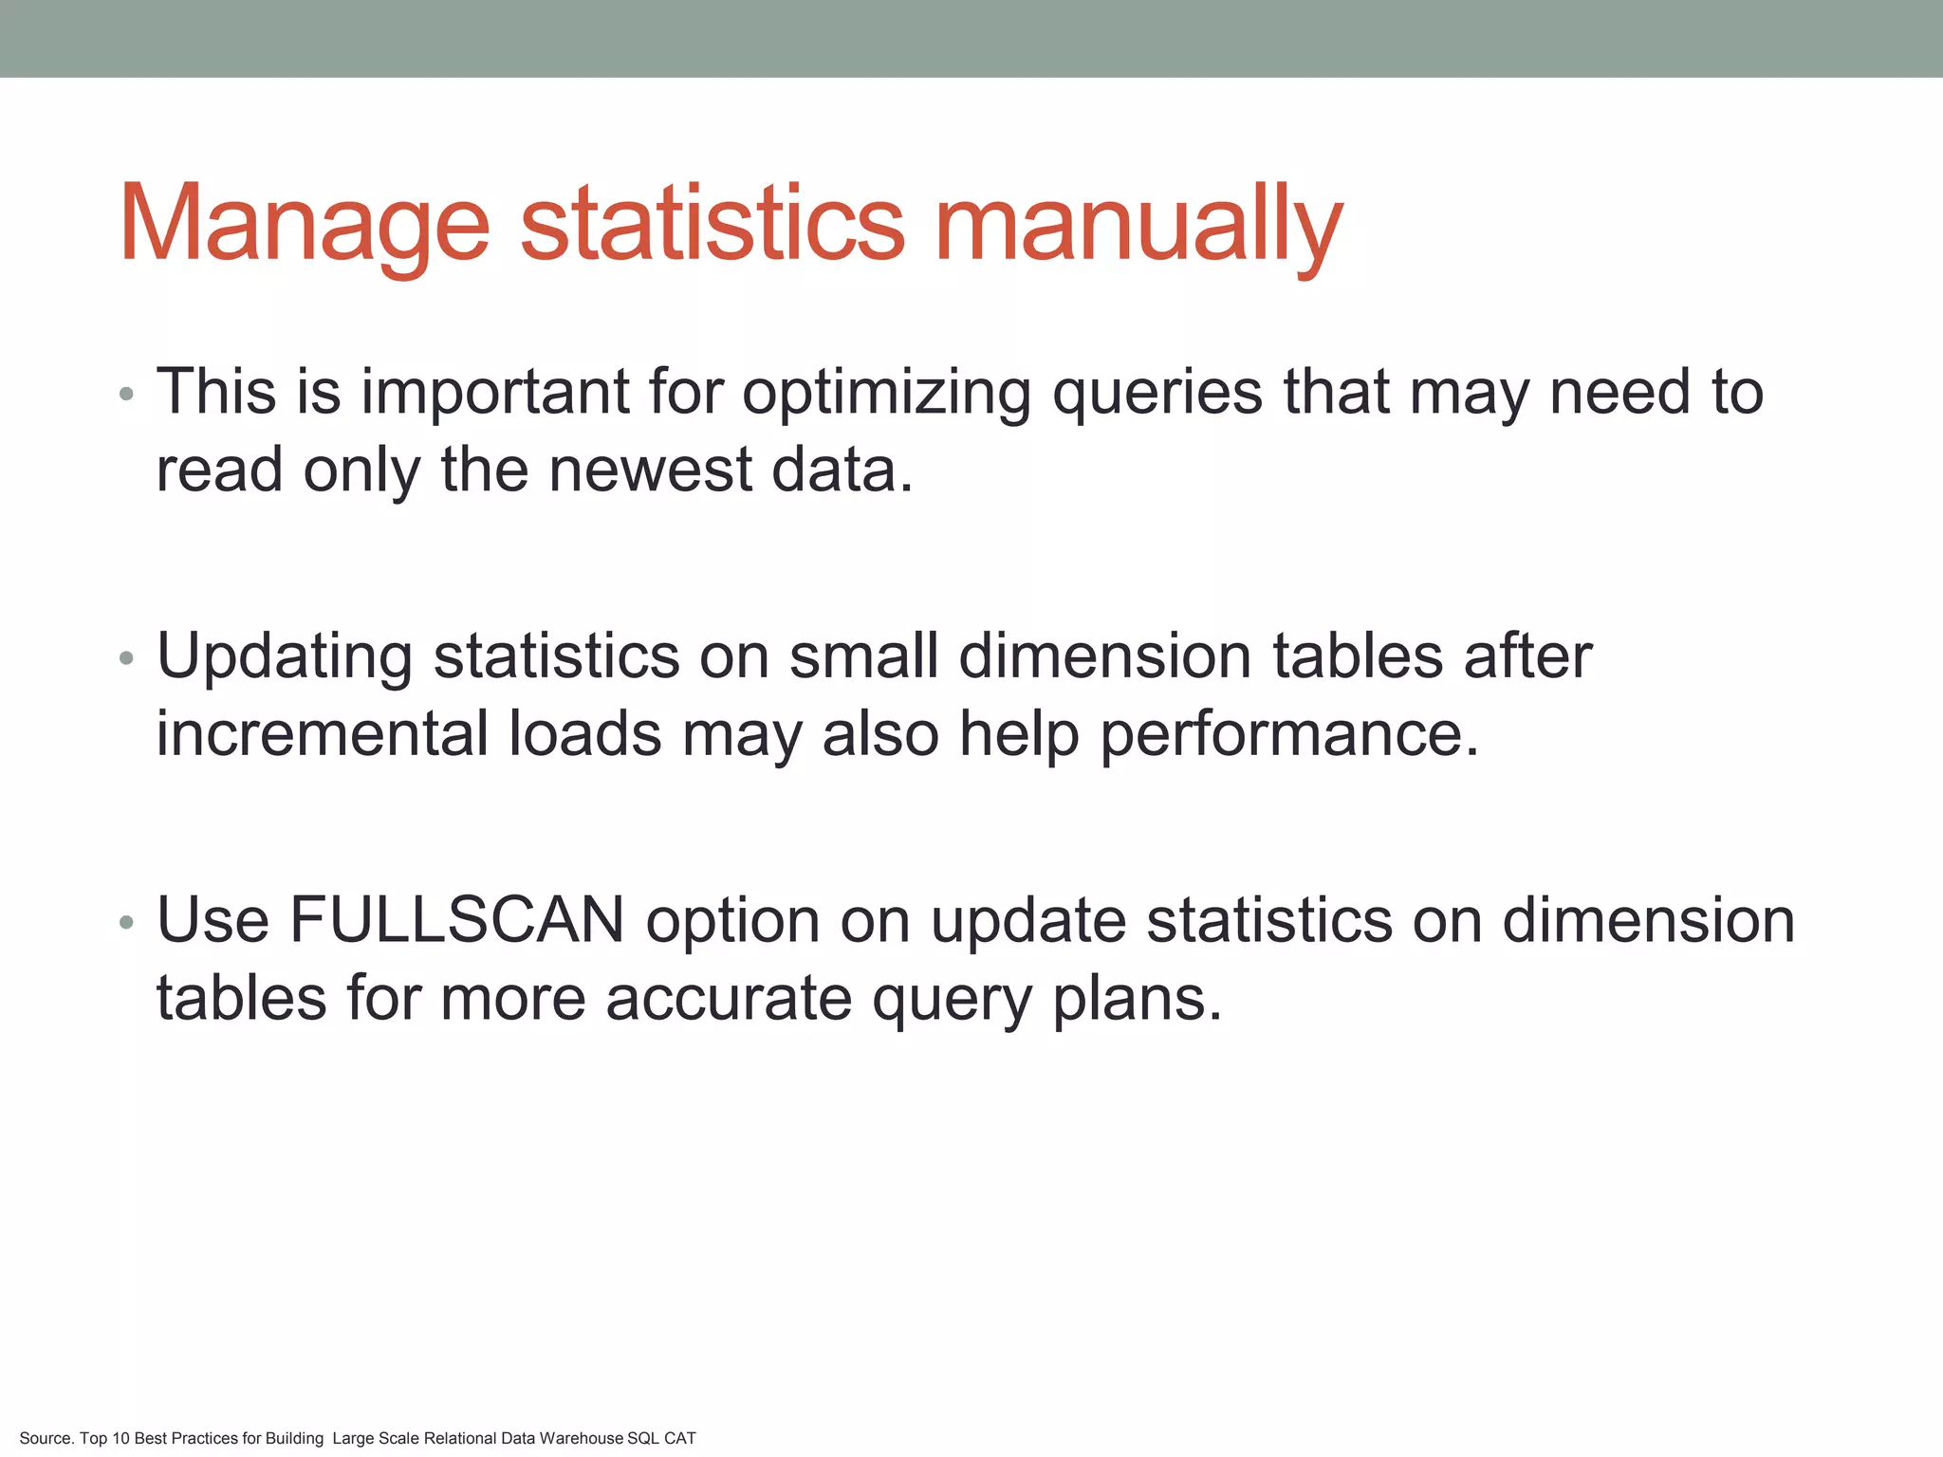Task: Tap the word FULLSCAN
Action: click(x=456, y=919)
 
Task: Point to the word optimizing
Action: click(x=886, y=392)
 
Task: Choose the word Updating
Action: click(x=285, y=656)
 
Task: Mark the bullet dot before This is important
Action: click(x=127, y=394)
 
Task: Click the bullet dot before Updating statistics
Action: click(x=127, y=657)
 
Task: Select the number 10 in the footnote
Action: click(x=120, y=1438)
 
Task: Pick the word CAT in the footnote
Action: click(x=679, y=1438)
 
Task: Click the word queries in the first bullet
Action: click(x=1157, y=392)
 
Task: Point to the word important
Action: click(x=495, y=392)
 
